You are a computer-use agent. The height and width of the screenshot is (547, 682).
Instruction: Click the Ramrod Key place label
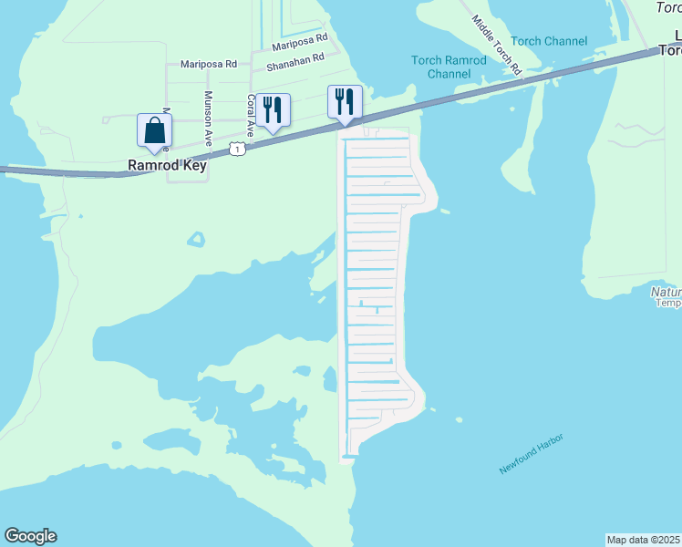[167, 167]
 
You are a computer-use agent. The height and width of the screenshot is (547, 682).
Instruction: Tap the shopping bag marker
[154, 129]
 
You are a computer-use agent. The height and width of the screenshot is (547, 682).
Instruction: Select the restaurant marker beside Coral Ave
[273, 109]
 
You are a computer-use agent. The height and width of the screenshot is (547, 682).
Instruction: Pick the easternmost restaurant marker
[345, 101]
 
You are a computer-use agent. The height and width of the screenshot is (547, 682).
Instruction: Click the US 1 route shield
[237, 148]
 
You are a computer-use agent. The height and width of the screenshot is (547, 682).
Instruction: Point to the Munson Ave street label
[209, 119]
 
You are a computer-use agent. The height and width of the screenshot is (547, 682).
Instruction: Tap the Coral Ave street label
[250, 116]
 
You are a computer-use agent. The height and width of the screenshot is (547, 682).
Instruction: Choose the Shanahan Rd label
[295, 62]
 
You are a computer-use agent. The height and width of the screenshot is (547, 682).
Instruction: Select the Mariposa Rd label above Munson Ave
[209, 64]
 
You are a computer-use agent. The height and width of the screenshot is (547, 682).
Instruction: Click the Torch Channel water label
[549, 41]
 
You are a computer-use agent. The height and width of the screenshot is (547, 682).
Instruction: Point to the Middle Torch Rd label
[497, 44]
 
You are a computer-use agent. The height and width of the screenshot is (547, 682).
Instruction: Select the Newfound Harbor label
[532, 453]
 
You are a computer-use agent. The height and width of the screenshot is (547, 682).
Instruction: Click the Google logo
[30, 536]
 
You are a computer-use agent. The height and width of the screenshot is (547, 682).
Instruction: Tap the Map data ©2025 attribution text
[644, 540]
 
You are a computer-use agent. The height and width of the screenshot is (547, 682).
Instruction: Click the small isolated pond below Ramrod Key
[196, 240]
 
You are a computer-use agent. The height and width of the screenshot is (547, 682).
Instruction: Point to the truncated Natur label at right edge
[666, 292]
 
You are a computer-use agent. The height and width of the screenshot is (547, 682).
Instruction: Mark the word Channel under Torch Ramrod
[449, 73]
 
